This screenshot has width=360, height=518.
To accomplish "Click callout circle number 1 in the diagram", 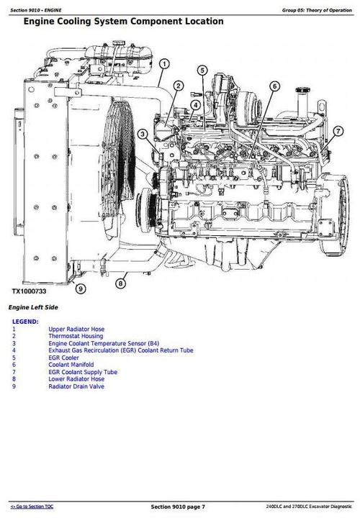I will (x=164, y=65).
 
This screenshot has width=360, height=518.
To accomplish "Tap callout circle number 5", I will (x=203, y=70).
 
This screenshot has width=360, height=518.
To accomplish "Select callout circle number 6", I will (x=274, y=86).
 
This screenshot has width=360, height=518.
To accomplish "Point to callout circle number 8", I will (x=120, y=284).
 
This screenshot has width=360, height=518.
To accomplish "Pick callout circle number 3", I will (x=143, y=134).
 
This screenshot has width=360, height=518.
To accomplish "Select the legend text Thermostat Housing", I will (x=76, y=336).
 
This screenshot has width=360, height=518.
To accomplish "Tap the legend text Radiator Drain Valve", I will (x=77, y=386).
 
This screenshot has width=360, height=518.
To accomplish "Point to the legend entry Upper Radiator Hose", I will (x=77, y=329).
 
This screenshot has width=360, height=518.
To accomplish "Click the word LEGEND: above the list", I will (x=25, y=321).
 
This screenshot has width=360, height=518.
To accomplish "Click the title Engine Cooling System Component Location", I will (x=123, y=22).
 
